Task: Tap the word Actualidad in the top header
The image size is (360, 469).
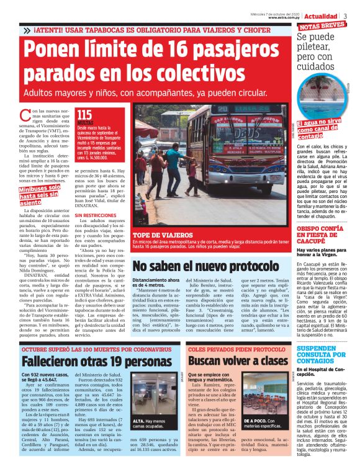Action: [x=320, y=16]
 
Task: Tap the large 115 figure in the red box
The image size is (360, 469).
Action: [x=84, y=115]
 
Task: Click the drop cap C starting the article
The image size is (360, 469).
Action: [x=25, y=115]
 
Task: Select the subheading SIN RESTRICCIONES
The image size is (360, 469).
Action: [x=96, y=215]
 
